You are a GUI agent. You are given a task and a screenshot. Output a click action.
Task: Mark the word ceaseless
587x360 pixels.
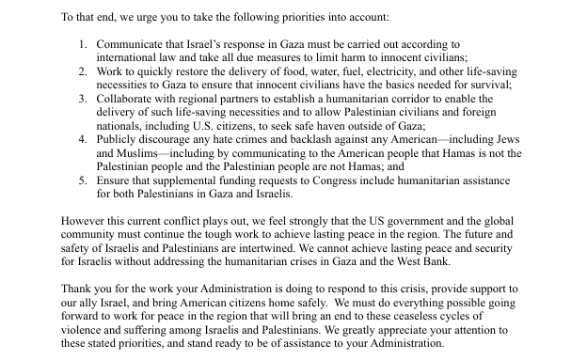(468, 317)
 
